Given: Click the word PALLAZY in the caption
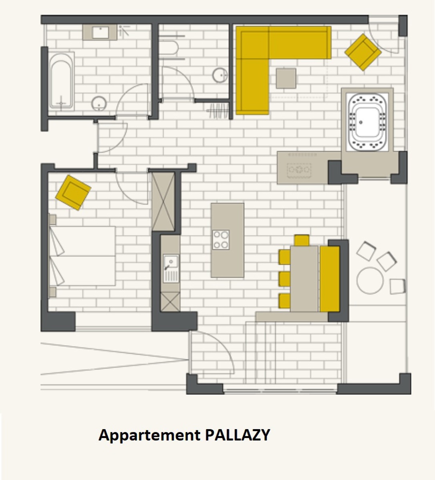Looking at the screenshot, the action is (238, 435).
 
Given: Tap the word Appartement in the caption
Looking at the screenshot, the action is (149, 436).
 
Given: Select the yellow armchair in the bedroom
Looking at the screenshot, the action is (73, 193).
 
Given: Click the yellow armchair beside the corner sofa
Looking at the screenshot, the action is (363, 52).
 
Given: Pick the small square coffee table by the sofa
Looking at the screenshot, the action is (286, 78).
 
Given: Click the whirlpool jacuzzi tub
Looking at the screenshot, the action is (367, 122).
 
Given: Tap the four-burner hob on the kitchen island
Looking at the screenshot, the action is (221, 240).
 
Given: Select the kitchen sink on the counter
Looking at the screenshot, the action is (171, 268).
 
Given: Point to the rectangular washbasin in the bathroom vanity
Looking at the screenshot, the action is (101, 32).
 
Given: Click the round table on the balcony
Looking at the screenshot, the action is (370, 280).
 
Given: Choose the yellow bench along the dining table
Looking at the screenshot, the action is (330, 279).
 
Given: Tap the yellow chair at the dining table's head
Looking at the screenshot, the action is (302, 240).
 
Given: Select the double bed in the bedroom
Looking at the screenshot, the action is (82, 256).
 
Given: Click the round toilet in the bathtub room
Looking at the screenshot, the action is (99, 104).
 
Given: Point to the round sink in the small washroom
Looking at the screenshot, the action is (220, 75).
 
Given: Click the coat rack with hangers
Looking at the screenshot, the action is (218, 111).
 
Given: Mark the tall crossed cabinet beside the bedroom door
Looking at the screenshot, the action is (163, 202).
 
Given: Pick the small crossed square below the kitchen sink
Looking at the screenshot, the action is (170, 302).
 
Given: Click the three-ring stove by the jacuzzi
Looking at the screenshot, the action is (299, 170).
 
